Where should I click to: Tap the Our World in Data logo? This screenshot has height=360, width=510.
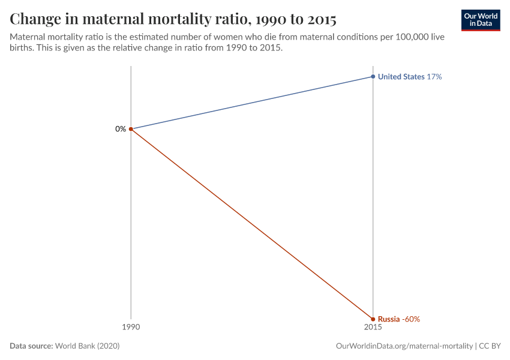pos(480,20)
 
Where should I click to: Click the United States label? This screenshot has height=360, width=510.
pos(401,77)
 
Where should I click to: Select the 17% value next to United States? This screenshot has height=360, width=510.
pos(434,77)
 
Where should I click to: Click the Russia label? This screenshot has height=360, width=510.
pos(388,319)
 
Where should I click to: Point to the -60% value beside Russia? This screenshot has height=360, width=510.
pos(411,319)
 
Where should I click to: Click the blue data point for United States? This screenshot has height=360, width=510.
pos(373,77)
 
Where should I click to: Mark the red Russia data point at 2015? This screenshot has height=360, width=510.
pos(373,319)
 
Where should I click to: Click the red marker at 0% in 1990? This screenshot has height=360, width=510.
pos(131,129)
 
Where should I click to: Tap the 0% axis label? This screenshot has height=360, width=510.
pos(121,129)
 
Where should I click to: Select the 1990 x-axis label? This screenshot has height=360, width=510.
pos(131,328)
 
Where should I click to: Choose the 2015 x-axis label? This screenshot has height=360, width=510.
pos(373,328)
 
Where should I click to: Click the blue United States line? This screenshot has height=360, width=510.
pos(252,103)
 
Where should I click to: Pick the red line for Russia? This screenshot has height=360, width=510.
pos(252,224)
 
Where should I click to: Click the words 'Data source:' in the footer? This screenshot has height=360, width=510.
pos(31,346)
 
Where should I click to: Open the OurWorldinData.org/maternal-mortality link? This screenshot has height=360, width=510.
pos(404,346)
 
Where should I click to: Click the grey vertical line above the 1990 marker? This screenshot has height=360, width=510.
pos(131,96)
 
